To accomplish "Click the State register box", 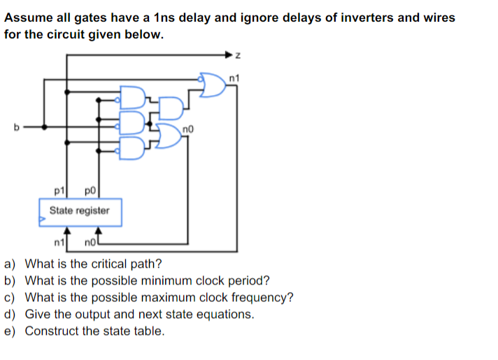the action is click(x=80, y=211).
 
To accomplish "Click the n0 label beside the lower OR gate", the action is click(x=186, y=128).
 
